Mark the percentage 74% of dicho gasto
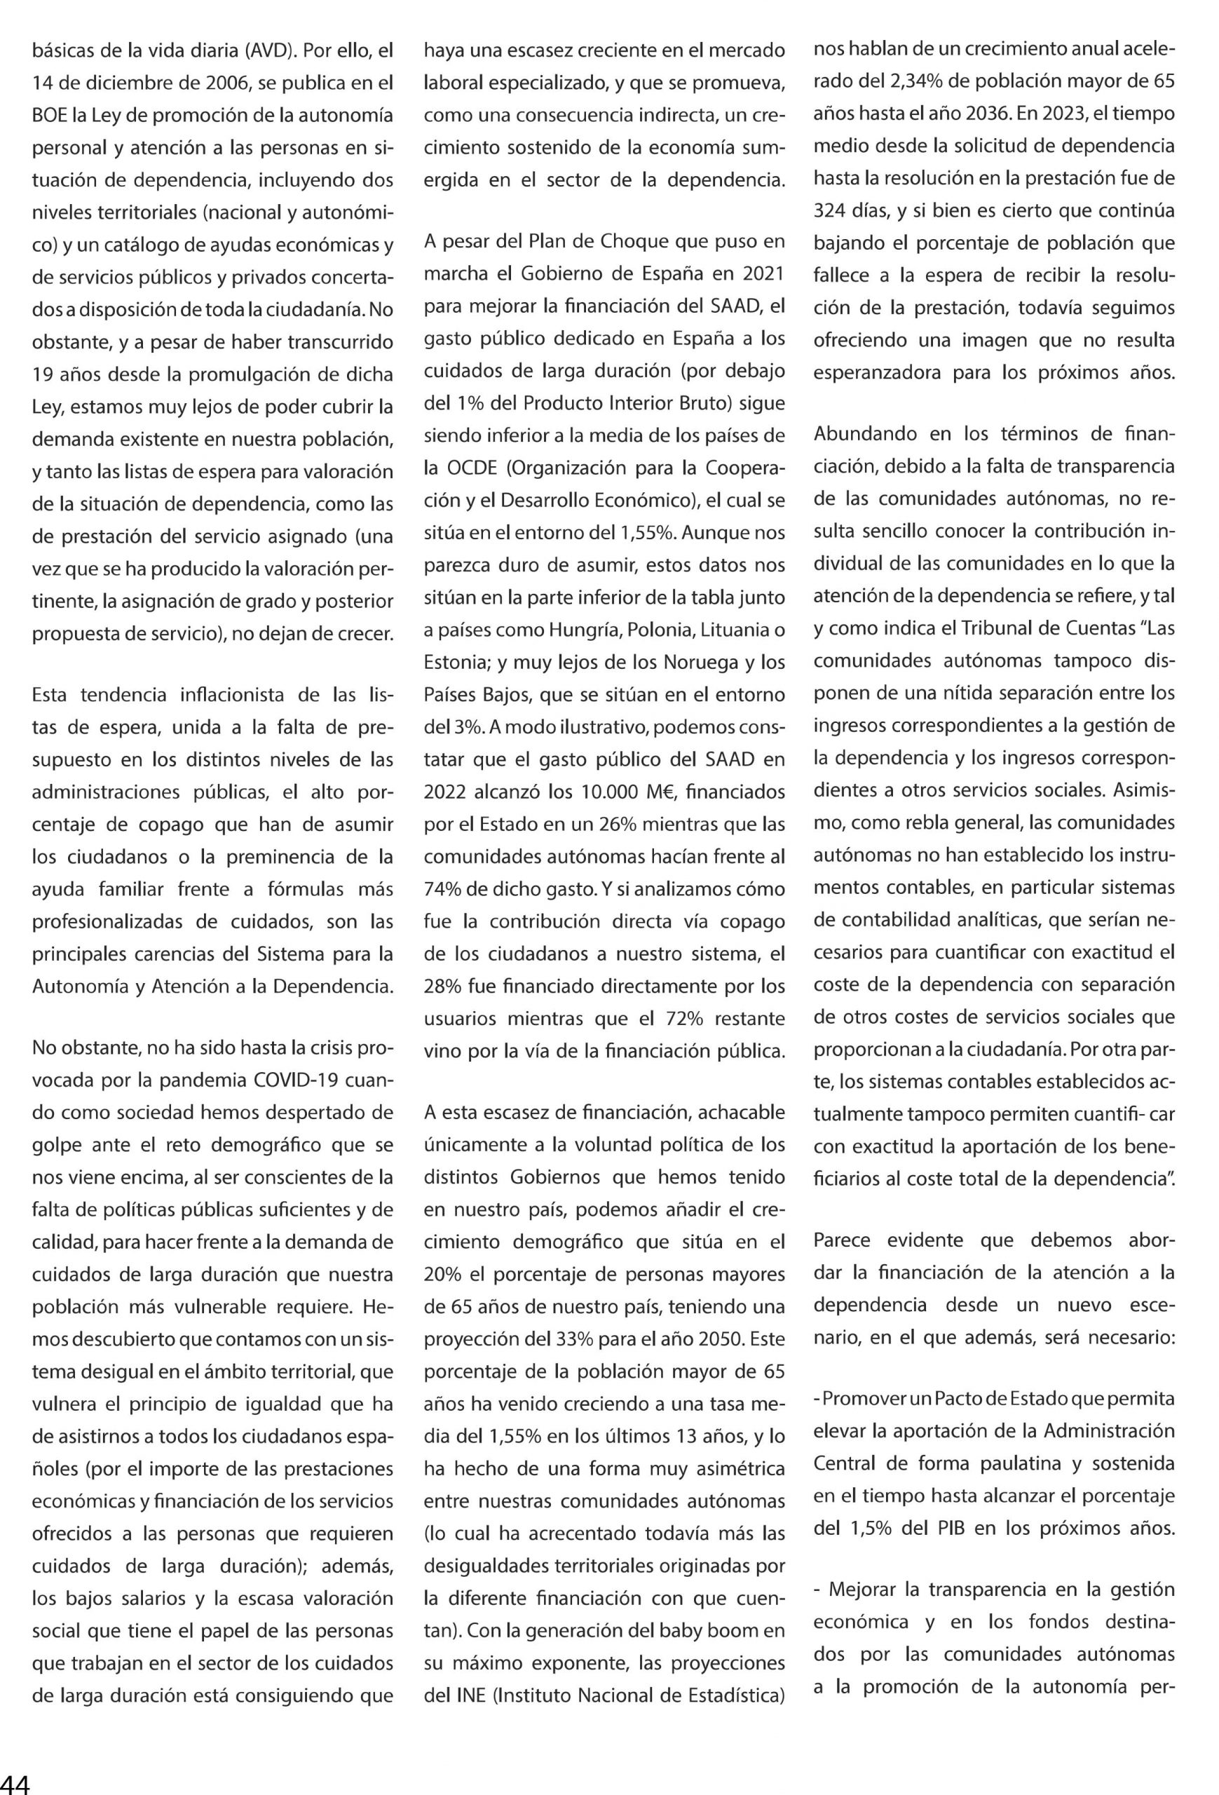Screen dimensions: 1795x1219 [443, 889]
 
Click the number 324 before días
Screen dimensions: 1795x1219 [830, 210]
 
